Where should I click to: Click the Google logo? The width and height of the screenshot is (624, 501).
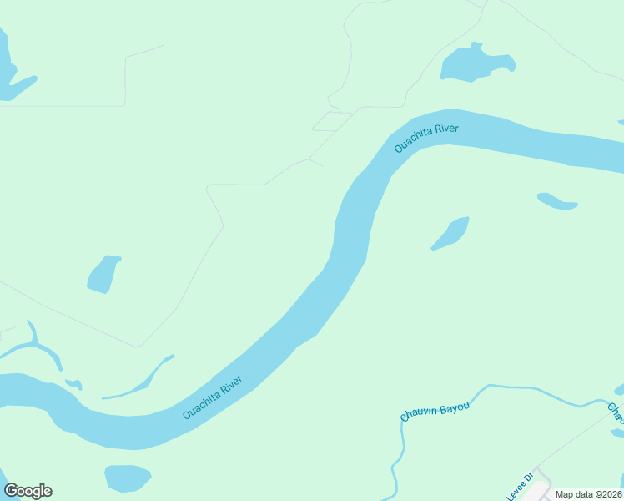pos(28,491)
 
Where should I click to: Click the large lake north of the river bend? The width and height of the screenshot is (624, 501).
pos(473,63)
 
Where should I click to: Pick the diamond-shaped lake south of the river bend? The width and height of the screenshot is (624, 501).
pos(451,234)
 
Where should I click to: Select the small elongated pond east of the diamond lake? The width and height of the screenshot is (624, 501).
pos(556,202)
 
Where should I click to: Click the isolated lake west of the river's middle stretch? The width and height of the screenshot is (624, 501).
pos(103,275)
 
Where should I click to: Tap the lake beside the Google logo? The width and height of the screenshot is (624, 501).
pos(127,478)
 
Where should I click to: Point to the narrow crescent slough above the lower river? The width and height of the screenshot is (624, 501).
pos(142,383)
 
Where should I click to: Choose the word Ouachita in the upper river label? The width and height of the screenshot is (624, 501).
pos(413,142)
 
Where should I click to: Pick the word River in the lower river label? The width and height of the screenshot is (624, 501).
pos(229,388)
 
